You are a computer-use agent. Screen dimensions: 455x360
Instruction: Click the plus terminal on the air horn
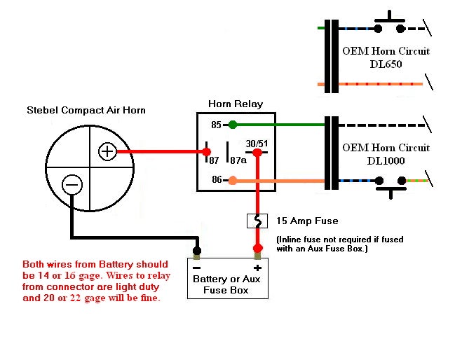pyautogui.click(x=107, y=151)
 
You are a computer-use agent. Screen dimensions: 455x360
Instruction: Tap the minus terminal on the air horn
pyautogui.click(x=72, y=185)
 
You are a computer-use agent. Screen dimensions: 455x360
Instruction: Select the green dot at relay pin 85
pyautogui.click(x=233, y=125)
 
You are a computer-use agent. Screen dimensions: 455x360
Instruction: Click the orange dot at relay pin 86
pyautogui.click(x=233, y=180)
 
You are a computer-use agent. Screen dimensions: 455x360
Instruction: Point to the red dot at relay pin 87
pyautogui.click(x=206, y=151)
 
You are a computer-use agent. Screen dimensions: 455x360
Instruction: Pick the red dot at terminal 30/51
pyautogui.click(x=257, y=152)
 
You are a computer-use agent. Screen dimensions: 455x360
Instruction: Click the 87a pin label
pyautogui.click(x=238, y=160)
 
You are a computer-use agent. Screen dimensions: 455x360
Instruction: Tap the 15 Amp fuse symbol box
pyautogui.click(x=257, y=221)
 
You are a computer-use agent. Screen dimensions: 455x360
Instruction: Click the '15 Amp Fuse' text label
pyautogui.click(x=307, y=221)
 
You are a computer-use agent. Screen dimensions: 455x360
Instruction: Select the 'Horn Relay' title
pyautogui.click(x=236, y=104)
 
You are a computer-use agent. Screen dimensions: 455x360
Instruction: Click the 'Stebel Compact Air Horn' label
pyautogui.click(x=86, y=110)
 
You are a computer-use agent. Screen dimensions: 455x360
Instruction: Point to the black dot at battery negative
pyautogui.click(x=197, y=250)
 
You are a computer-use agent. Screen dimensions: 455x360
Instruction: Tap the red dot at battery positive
pyautogui.click(x=258, y=248)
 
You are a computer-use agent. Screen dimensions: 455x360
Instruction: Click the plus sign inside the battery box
pyautogui.click(x=257, y=268)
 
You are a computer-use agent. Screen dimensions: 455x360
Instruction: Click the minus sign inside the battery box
pyautogui.click(x=197, y=268)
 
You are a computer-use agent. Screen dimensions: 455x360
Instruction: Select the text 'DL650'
pyautogui.click(x=386, y=64)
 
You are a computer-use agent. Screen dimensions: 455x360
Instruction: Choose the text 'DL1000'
pyautogui.click(x=386, y=160)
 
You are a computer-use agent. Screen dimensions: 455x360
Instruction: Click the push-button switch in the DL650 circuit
pyautogui.click(x=389, y=22)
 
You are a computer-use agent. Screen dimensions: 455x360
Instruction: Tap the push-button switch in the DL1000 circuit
pyautogui.click(x=391, y=187)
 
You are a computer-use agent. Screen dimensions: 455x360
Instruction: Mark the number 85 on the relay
pyautogui.click(x=216, y=125)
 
